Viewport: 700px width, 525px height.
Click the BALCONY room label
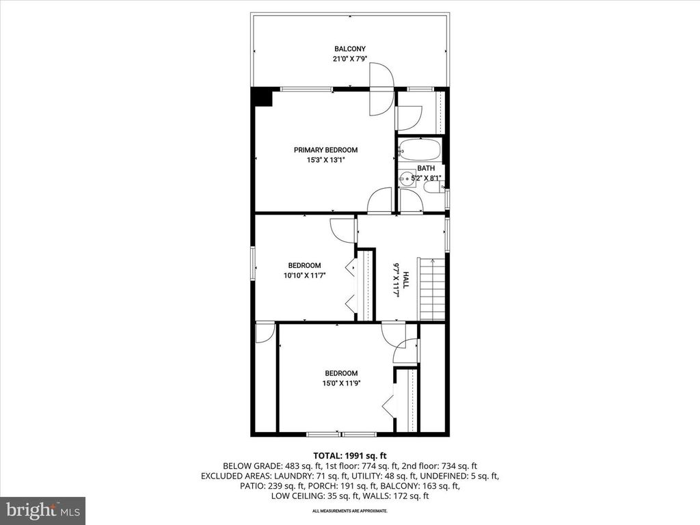(349, 49)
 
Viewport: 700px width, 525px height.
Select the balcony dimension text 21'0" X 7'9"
(349, 59)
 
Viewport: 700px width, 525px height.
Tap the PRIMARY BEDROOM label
(325, 150)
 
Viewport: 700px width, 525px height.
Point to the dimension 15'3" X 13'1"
(325, 161)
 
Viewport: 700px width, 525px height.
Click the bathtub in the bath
(419, 150)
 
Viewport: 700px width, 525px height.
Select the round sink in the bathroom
(408, 179)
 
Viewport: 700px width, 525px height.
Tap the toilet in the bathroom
(433, 187)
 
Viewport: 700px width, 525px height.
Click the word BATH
(426, 168)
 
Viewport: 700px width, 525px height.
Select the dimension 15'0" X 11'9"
(341, 383)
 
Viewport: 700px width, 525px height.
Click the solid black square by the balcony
(262, 97)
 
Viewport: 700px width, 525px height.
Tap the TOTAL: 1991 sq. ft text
(350, 455)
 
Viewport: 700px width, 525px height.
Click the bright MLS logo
(42, 510)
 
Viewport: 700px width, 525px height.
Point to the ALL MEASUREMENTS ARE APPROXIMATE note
(350, 511)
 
